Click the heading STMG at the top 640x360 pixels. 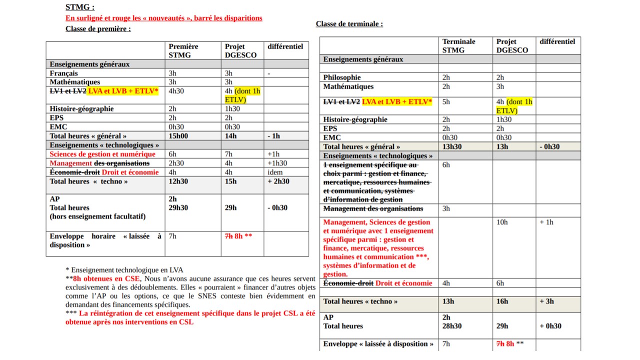point(80,7)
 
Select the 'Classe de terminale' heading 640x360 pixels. point(349,24)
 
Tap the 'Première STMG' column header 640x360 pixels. point(183,50)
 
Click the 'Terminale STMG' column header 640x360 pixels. point(458,45)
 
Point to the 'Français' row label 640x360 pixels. point(64,73)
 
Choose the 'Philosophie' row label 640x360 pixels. point(342,77)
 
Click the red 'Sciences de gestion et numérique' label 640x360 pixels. point(102,154)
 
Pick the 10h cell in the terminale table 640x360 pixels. point(502,222)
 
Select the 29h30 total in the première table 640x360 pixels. point(178,207)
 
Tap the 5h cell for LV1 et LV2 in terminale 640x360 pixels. point(446,101)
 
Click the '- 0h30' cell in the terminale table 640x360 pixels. point(550,146)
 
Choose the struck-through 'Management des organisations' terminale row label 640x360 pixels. point(373,208)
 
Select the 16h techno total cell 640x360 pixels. point(502,301)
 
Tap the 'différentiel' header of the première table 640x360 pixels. point(285,46)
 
